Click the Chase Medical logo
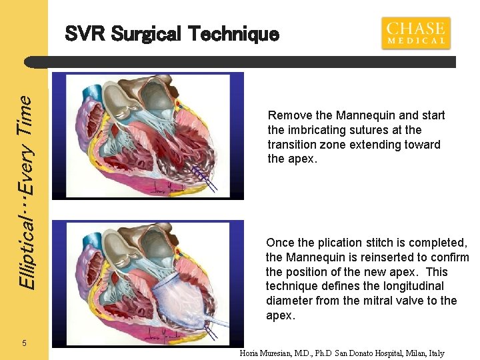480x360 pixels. click(415, 33)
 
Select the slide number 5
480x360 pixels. click(24, 343)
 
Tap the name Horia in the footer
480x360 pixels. click(251, 353)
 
